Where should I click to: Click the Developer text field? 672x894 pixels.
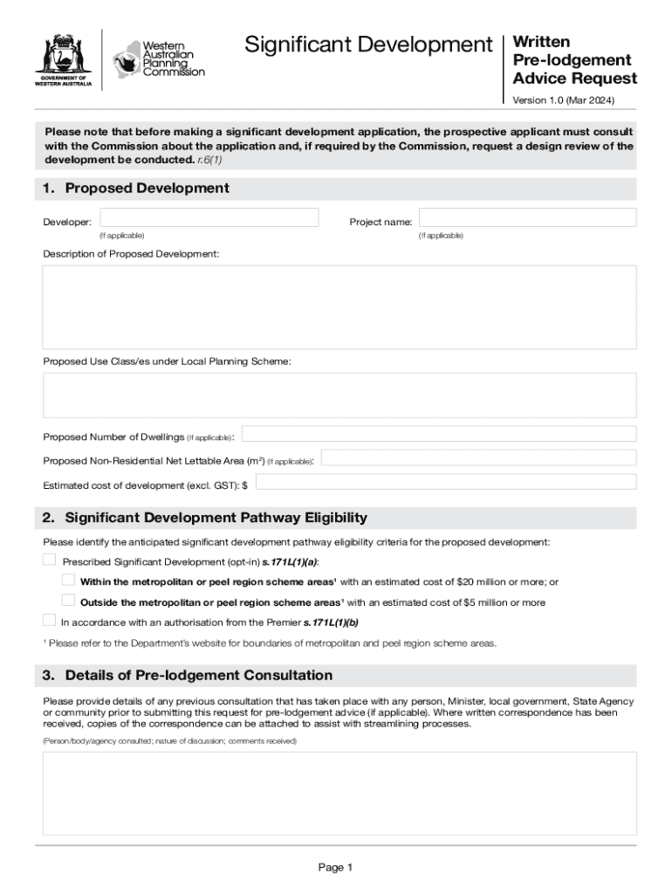(209, 217)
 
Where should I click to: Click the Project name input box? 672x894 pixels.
(527, 217)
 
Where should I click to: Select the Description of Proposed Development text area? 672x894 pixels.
(339, 307)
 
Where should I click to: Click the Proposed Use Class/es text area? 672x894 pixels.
(339, 395)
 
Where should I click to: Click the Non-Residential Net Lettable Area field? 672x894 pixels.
(479, 458)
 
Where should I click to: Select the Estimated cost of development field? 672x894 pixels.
(445, 482)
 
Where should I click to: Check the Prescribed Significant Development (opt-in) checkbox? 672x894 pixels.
(50, 560)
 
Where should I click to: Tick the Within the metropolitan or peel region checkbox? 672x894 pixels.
(68, 580)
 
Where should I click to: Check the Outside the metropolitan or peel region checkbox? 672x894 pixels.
(68, 600)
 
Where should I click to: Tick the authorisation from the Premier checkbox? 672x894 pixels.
(50, 621)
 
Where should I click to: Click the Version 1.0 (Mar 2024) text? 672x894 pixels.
(563, 100)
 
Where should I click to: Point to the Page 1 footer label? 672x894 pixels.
(335, 868)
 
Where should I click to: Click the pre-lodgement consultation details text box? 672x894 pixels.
(339, 793)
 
